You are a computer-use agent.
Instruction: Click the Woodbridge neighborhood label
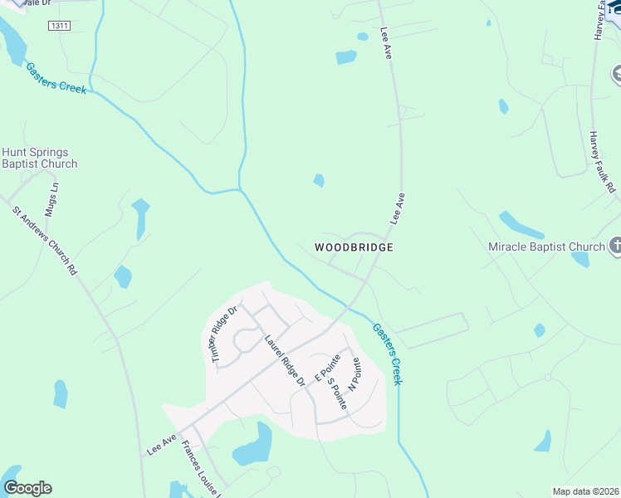(353, 247)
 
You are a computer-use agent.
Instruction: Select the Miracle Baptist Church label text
(546, 247)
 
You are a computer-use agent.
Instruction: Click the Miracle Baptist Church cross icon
(616, 246)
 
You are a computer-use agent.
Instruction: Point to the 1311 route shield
(58, 27)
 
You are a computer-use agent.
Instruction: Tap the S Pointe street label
(337, 392)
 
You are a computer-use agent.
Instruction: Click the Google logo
(27, 488)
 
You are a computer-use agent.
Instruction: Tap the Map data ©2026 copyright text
(586, 491)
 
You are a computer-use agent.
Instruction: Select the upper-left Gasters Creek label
(56, 78)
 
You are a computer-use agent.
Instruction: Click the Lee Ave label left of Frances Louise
(162, 446)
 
